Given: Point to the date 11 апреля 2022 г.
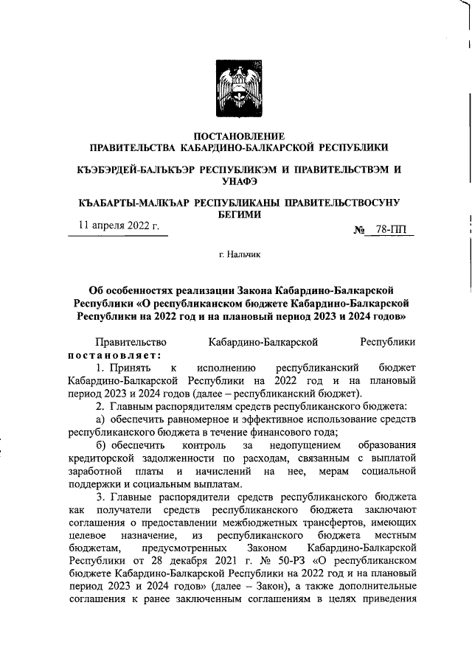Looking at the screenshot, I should point(119,226).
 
